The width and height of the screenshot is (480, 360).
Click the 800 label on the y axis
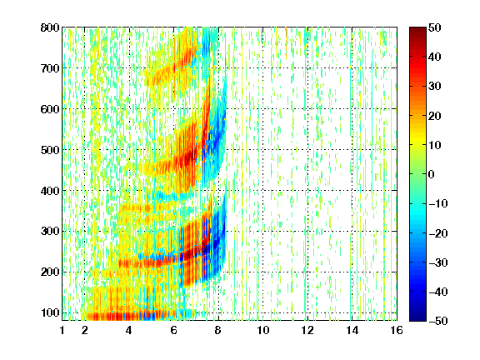tap(50, 27)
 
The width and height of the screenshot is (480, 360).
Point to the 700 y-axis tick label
tap(50, 68)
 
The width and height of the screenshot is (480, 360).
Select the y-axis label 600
tap(50, 109)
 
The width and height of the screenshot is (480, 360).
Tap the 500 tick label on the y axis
tap(50, 150)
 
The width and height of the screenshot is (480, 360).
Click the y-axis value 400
tap(50, 191)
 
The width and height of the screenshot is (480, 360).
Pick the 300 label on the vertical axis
tap(50, 232)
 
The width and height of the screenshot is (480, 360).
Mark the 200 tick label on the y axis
tap(50, 272)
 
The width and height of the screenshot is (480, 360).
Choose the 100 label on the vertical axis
tap(50, 312)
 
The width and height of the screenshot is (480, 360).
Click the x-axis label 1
tap(62, 330)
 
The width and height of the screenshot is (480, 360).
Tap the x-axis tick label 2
tap(84, 330)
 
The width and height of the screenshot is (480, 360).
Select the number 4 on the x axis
tap(129, 330)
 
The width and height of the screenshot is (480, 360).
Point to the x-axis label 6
tap(173, 330)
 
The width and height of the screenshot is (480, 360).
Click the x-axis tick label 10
tap(263, 330)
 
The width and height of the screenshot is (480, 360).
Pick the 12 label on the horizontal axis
tap(307, 330)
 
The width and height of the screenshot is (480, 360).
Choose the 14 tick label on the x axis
tap(352, 330)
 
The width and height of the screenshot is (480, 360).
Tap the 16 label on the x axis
tap(397, 330)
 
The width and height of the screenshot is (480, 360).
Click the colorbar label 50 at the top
tap(434, 27)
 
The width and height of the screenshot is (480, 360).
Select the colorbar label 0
tap(431, 174)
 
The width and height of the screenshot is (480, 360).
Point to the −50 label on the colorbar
tap(438, 321)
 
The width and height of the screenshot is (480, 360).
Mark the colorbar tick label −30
tap(438, 262)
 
